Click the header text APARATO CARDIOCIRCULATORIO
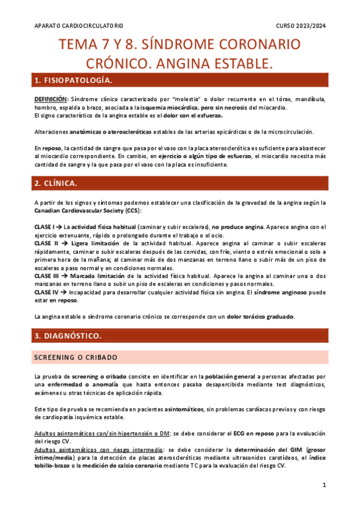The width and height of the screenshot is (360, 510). (x=79, y=26)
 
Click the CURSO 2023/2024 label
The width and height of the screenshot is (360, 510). (x=301, y=26)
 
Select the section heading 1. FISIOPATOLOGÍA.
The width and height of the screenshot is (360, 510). (x=74, y=81)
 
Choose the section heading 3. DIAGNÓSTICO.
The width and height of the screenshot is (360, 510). (x=68, y=334)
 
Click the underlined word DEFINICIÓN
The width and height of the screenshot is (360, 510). (x=51, y=99)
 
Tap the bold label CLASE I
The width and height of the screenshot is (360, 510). (x=44, y=226)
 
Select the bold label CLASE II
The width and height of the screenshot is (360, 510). (x=46, y=243)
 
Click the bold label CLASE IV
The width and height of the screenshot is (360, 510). (x=46, y=292)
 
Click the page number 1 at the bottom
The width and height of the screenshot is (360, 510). (x=324, y=485)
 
